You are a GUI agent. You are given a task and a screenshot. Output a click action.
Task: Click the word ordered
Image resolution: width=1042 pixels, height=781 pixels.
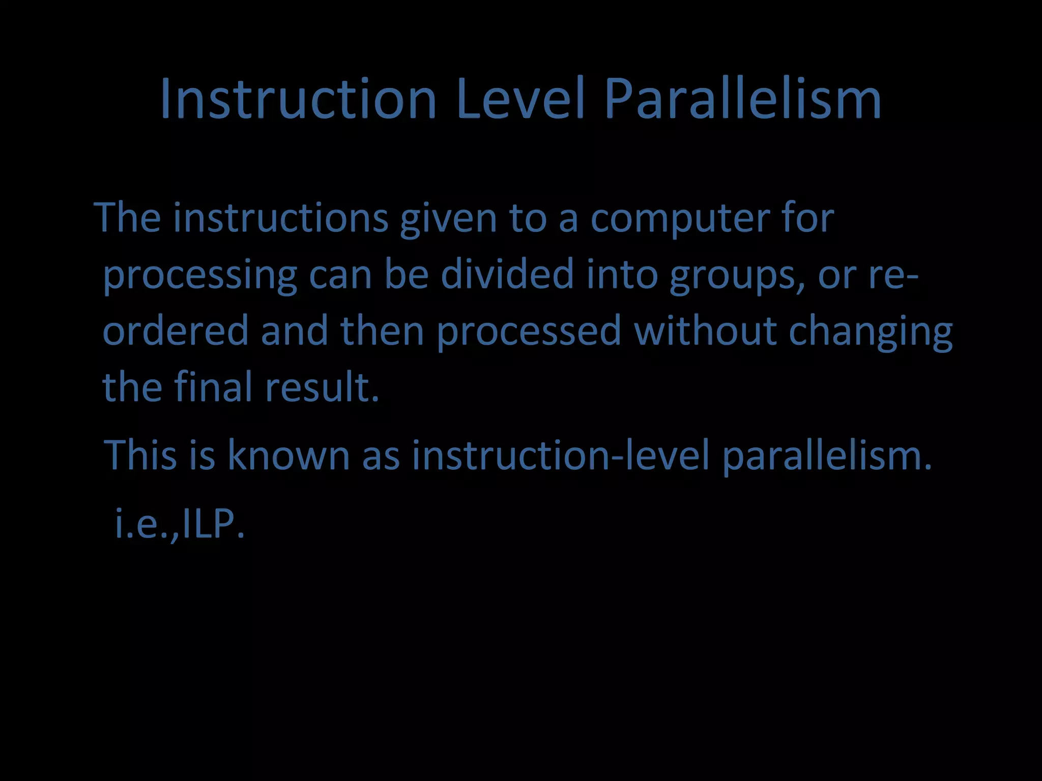click(176, 331)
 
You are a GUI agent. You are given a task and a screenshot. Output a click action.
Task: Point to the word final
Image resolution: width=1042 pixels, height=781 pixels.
click(213, 386)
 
